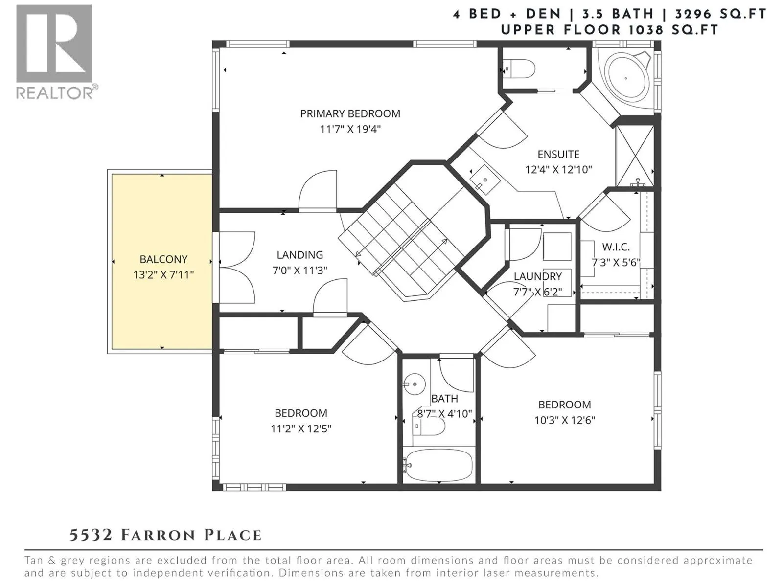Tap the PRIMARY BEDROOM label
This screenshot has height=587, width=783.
click(x=350, y=113)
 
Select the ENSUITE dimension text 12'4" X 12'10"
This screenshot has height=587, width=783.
click(x=558, y=170)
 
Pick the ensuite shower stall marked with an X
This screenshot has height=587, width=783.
click(x=635, y=156)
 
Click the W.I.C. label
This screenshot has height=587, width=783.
click(x=616, y=247)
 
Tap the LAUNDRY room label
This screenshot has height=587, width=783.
click(x=537, y=276)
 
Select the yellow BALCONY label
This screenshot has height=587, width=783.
click(x=163, y=259)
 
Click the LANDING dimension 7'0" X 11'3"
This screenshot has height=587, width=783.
click(x=299, y=271)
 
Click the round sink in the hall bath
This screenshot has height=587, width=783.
click(x=415, y=384)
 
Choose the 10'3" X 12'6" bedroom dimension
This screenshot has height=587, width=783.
click(x=565, y=420)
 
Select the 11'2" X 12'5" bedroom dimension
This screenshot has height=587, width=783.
click(x=300, y=429)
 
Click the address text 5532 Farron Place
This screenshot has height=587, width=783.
click(x=165, y=535)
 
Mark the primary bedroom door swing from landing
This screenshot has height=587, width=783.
click(x=318, y=191)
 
